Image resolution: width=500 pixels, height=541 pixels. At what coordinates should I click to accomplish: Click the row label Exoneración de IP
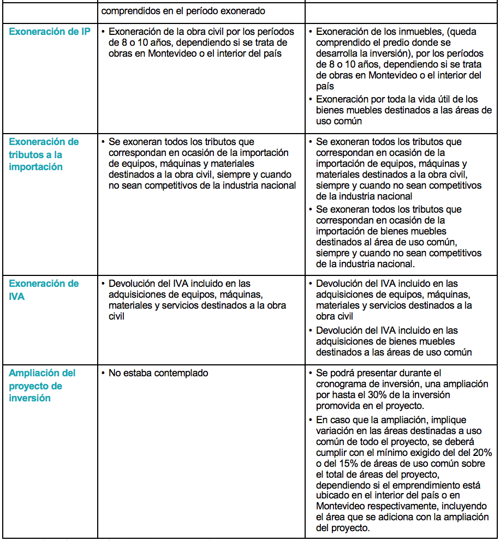(x=50, y=32)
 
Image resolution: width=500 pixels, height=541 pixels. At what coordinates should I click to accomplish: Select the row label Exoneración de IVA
(x=44, y=290)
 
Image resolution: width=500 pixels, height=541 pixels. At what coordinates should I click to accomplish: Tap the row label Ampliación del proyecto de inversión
(x=43, y=386)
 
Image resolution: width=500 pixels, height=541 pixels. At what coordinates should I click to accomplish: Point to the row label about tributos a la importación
(x=44, y=154)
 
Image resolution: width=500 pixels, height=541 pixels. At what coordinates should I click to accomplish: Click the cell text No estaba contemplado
(x=158, y=373)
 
